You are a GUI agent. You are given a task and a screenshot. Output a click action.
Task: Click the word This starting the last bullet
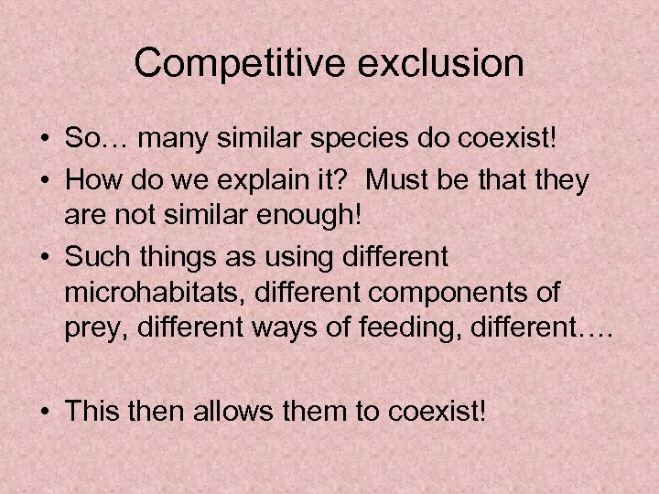click(x=95, y=410)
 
